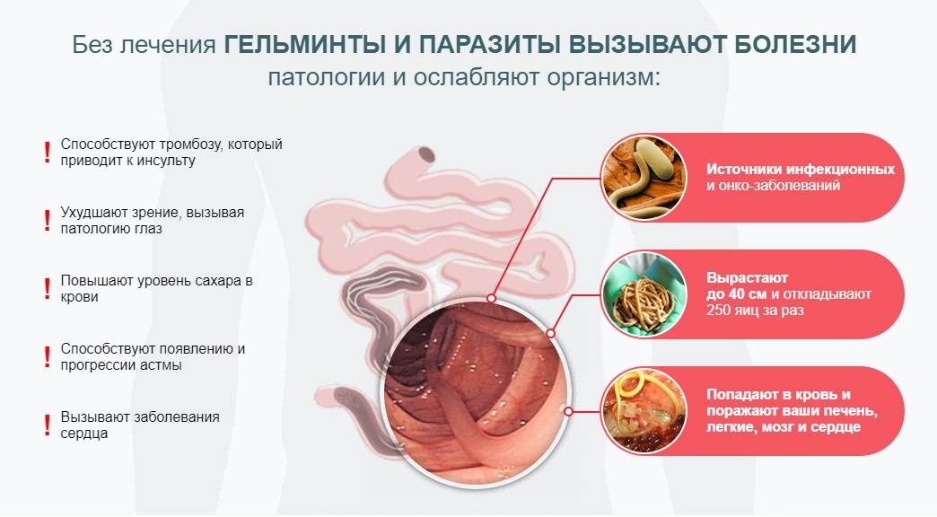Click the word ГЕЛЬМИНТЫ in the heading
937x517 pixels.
click(304, 44)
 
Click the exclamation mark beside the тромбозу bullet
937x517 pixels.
click(48, 153)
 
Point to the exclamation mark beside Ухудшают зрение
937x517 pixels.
click(48, 221)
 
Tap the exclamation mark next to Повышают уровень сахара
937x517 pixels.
click(48, 289)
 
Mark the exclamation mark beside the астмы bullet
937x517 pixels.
click(48, 357)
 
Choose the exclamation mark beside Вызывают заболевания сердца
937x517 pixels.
click(48, 425)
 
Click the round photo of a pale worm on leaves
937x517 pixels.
click(644, 178)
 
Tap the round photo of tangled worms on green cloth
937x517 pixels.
click(644, 294)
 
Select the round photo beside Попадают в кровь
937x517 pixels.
click(644, 411)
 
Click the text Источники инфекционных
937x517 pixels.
click(801, 169)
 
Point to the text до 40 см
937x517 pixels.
click(738, 294)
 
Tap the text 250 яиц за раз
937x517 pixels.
click(755, 311)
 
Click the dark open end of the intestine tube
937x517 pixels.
click(426, 154)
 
